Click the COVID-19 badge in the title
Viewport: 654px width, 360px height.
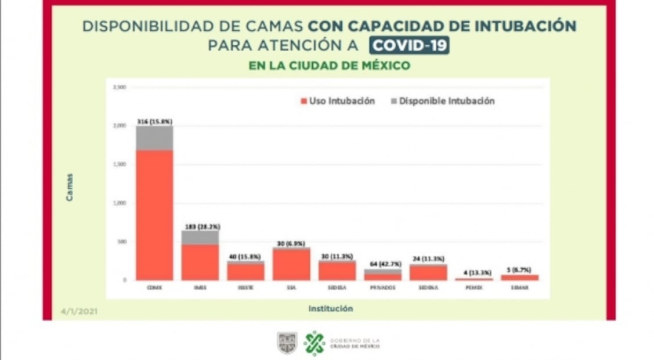point(410,45)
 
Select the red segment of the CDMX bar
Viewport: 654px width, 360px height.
point(154,215)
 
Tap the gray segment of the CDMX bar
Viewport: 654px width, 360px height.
point(154,138)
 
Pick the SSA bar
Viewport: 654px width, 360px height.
point(291,264)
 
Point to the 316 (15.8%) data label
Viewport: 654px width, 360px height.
point(154,121)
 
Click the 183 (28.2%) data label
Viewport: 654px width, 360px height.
point(200,226)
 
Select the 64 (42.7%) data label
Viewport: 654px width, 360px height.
point(382,264)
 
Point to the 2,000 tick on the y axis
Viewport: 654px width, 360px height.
point(120,125)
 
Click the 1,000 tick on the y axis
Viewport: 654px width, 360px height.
point(120,203)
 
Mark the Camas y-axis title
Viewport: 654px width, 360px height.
point(70,187)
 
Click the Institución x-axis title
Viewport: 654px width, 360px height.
point(330,309)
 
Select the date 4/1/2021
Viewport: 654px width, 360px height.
point(79,312)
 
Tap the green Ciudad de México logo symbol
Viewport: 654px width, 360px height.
point(315,343)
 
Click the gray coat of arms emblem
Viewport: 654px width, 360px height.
point(287,343)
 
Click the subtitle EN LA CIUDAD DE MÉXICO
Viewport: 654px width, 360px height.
point(329,66)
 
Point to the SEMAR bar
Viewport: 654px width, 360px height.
point(519,278)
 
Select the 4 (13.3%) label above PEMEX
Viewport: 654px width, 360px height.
point(474,272)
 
